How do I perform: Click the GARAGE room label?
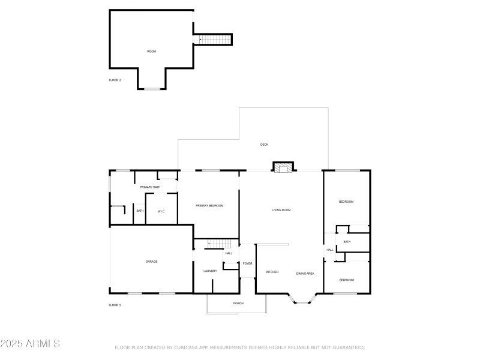(x=151, y=262)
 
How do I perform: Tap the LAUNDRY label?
(x=210, y=271)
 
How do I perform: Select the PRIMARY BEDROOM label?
(x=209, y=206)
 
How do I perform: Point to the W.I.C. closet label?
(x=161, y=212)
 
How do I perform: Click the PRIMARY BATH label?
(x=150, y=187)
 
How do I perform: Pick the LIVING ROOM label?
(x=281, y=210)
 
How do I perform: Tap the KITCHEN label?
(x=272, y=272)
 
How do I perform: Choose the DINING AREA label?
(x=305, y=274)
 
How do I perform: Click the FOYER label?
(x=247, y=263)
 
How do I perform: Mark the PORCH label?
(x=238, y=304)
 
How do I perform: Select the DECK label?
(x=264, y=145)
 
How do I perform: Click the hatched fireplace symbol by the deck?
(x=283, y=168)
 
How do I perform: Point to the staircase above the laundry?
(x=219, y=244)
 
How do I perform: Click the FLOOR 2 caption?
(x=115, y=80)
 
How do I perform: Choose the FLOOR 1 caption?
(x=115, y=305)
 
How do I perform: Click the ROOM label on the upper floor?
(x=152, y=52)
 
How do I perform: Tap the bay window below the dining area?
(x=302, y=299)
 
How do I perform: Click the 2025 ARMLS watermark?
(x=30, y=343)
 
